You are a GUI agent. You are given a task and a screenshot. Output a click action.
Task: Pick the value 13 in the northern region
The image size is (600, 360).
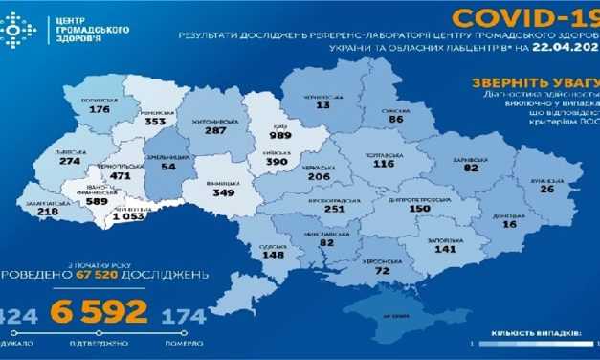click(x=323, y=104)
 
